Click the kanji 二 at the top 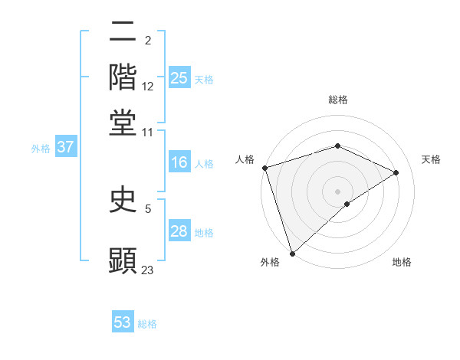(x=123, y=32)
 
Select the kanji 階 (x=123, y=77)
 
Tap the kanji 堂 (x=123, y=123)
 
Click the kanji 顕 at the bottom (x=123, y=260)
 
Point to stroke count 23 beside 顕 (x=148, y=270)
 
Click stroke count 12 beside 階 (x=148, y=87)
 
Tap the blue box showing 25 (x=179, y=78)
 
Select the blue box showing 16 (x=179, y=162)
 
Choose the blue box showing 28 (x=179, y=231)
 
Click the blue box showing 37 (x=65, y=148)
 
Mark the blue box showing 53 (x=123, y=322)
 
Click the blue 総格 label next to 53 (x=147, y=324)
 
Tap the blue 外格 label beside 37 (x=41, y=149)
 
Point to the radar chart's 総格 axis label (x=338, y=100)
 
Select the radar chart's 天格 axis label (x=432, y=159)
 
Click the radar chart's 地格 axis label (x=402, y=262)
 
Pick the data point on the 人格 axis (x=264, y=168)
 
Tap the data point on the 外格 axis (x=292, y=253)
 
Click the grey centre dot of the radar (x=337, y=191)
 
